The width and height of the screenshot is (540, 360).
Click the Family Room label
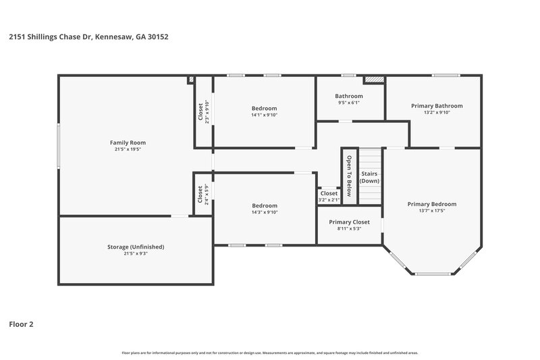pos(128,143)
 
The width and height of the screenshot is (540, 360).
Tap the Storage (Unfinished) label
pos(136,247)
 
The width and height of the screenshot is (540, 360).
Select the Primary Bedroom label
pos(432,204)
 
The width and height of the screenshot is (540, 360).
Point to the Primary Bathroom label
pos(437,105)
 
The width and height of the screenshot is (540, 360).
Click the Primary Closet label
pos(350,222)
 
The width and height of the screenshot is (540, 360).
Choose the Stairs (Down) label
pos(369,178)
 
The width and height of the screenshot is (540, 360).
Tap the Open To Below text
pos(349,176)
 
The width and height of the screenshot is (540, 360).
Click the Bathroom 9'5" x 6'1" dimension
pos(349,103)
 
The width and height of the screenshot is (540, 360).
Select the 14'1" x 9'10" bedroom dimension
pos(265,115)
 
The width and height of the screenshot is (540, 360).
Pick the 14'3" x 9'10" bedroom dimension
pos(265,212)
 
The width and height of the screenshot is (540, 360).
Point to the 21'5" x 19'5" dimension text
pos(128,149)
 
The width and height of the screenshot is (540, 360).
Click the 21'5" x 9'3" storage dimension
pos(136,254)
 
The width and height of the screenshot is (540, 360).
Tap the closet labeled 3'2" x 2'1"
pos(329,200)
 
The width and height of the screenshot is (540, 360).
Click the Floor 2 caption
pos(21,324)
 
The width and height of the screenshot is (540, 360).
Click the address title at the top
pos(89,37)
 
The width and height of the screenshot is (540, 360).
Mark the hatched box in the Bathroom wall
pos(374,80)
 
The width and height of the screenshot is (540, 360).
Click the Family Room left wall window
pos(58,145)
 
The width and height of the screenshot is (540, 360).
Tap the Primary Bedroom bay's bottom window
pos(433,274)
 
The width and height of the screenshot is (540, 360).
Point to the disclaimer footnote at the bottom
pos(270,353)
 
